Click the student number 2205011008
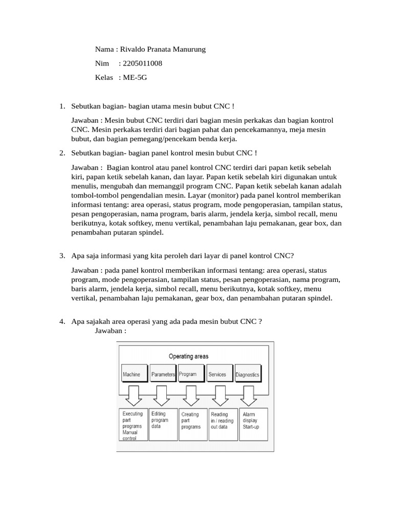(x=140, y=63)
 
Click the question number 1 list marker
(x=62, y=106)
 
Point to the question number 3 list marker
(x=62, y=256)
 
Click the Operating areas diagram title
(x=189, y=356)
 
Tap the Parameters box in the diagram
(x=163, y=375)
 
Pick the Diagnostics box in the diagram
(x=248, y=375)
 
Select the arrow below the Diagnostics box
(x=249, y=396)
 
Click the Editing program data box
(x=162, y=424)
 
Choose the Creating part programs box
(x=192, y=424)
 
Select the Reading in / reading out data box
(x=222, y=424)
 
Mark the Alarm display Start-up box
(x=252, y=424)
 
